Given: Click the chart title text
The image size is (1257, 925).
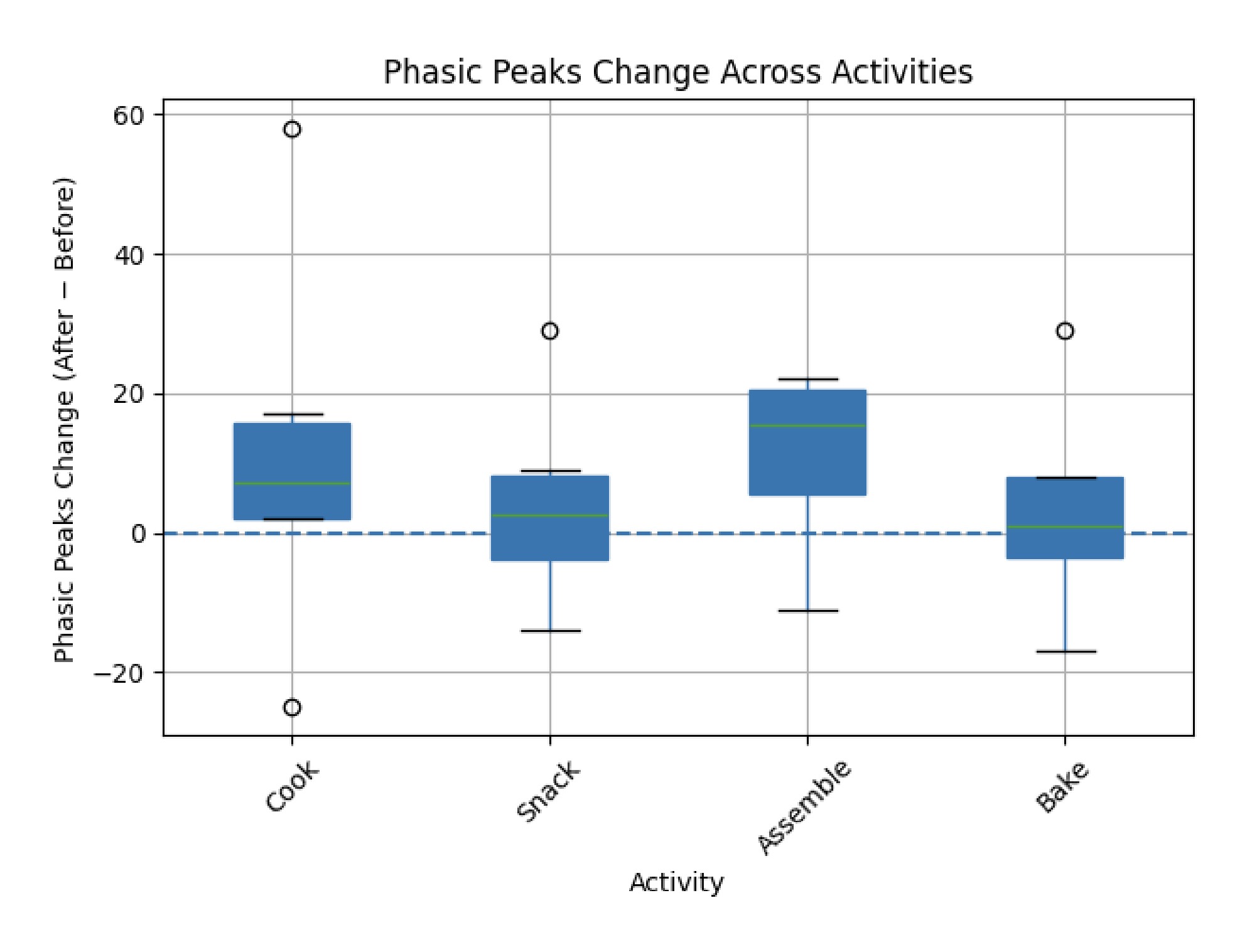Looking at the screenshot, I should click(677, 72).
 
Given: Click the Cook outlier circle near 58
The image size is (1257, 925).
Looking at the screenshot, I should click(292, 129).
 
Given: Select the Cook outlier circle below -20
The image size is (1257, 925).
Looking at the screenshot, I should click(292, 708).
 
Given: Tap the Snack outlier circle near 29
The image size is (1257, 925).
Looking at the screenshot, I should click(550, 331).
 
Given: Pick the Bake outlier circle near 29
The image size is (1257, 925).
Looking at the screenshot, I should click(1065, 331).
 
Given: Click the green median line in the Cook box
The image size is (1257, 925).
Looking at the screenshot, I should click(292, 483).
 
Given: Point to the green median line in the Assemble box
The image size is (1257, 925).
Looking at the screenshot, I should click(807, 425).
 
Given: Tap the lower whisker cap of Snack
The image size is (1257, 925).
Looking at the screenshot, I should click(550, 631).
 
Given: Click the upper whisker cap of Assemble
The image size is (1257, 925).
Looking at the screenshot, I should click(807, 379).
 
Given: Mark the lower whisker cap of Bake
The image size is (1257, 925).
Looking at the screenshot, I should click(1065, 651).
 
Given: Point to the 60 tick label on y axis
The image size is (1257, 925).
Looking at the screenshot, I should click(128, 115).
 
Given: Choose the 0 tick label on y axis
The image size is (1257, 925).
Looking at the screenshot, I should click(138, 534).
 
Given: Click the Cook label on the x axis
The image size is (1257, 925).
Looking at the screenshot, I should click(292, 788).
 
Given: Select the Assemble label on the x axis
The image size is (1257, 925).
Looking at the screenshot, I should click(804, 806).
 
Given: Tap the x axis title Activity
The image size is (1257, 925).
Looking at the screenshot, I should click(676, 882).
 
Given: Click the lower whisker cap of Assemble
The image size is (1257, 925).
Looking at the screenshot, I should click(807, 611).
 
